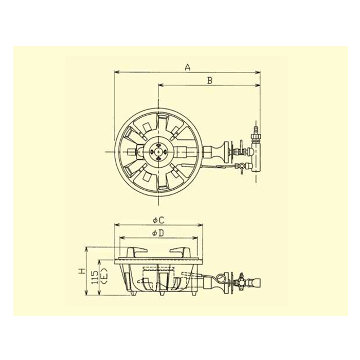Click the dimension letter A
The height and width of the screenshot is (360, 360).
[x=188, y=67]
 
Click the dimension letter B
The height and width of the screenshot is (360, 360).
[x=210, y=81]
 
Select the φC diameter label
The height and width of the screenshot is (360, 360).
[x=158, y=221]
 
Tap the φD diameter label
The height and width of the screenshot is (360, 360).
[x=158, y=233]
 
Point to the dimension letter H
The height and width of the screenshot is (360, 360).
[x=81, y=272]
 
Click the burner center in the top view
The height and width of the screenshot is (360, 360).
[x=158, y=152]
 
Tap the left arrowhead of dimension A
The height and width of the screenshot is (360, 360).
[x=117, y=73]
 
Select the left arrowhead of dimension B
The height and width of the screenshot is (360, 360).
[x=160, y=85]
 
